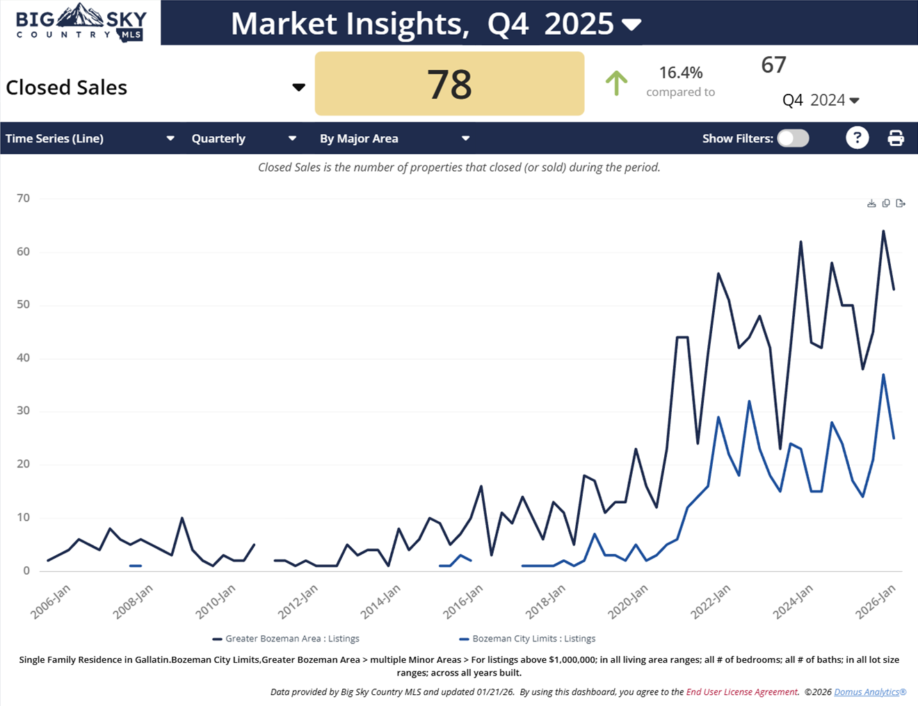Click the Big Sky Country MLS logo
tap(81, 23)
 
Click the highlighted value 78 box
tap(449, 84)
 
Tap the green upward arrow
tap(616, 83)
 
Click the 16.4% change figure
tap(680, 72)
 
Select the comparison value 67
tap(773, 65)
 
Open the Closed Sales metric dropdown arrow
tap(298, 88)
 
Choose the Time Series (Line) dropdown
tap(90, 138)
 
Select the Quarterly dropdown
tap(243, 138)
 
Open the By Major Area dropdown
tap(394, 138)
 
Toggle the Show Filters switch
tap(793, 138)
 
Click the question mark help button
tap(857, 138)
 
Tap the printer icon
tap(896, 138)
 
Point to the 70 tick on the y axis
tap(24, 199)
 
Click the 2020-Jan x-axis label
tap(628, 601)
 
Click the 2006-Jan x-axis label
tap(50, 601)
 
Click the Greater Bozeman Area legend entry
tap(286, 639)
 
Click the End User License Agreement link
tap(742, 692)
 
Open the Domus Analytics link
tap(870, 692)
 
